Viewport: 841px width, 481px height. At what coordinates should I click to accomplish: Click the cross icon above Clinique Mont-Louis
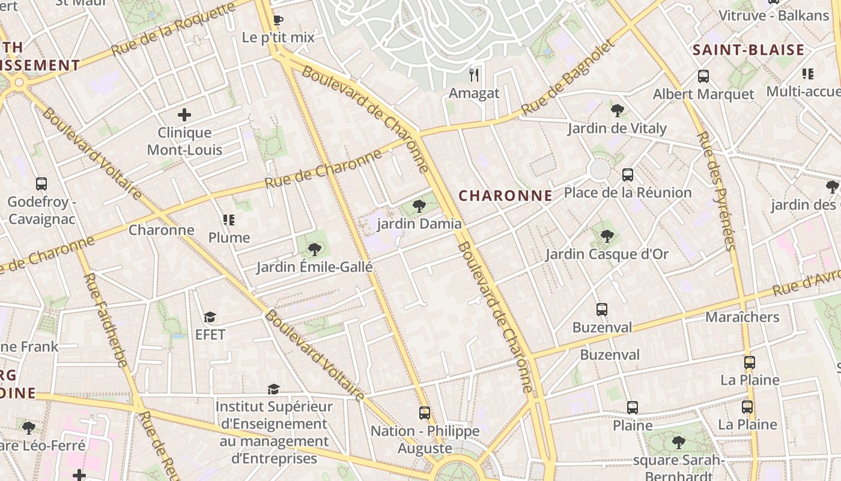click(x=184, y=114)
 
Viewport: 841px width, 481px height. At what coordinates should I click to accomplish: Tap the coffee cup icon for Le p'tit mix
click(x=278, y=20)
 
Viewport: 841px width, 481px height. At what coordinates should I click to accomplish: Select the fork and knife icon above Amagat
click(x=474, y=75)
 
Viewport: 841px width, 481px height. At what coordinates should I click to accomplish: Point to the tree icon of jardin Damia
click(x=419, y=206)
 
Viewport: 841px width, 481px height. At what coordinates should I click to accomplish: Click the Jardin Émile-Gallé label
click(x=314, y=267)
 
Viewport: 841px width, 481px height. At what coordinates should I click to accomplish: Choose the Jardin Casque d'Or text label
click(x=607, y=254)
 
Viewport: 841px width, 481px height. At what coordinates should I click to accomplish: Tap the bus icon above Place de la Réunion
click(x=628, y=175)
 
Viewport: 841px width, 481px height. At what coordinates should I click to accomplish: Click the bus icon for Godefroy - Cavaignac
click(x=41, y=184)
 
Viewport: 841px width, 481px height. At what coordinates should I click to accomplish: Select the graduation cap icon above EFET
click(x=210, y=317)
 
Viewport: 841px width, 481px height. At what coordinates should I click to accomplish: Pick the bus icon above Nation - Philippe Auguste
click(x=425, y=413)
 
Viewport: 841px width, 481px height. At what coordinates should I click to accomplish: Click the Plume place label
click(x=229, y=237)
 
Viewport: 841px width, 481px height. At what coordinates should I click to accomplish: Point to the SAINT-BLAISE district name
click(x=748, y=50)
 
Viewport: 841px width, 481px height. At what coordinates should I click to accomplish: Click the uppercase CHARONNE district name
click(x=505, y=195)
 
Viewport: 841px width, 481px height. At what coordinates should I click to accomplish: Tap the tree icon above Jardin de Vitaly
click(x=616, y=110)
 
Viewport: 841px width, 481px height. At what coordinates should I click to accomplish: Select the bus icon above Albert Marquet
click(x=703, y=76)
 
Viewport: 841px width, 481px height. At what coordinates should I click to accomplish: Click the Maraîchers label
click(x=742, y=317)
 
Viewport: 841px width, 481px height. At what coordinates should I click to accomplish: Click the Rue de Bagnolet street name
click(x=569, y=78)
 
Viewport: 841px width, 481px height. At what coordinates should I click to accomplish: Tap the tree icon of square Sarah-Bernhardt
click(x=678, y=443)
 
